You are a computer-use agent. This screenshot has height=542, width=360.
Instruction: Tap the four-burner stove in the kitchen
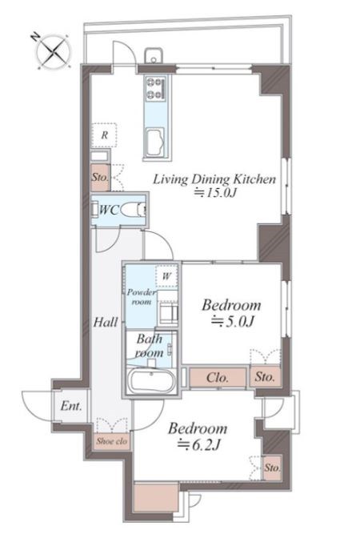pyautogui.click(x=155, y=89)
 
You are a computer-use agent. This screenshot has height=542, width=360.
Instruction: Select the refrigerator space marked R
pyautogui.click(x=104, y=135)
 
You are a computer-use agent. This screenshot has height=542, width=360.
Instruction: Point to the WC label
pyautogui.click(x=109, y=210)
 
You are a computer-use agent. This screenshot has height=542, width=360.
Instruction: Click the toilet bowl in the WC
pyautogui.click(x=130, y=211)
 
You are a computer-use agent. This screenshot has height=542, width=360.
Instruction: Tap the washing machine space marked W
pyautogui.click(x=166, y=276)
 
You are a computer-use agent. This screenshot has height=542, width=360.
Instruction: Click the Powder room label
pyautogui.click(x=142, y=297)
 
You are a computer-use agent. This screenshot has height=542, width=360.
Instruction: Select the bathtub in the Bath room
pyautogui.click(x=150, y=381)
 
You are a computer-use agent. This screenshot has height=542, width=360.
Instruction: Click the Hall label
pyautogui.click(x=106, y=323)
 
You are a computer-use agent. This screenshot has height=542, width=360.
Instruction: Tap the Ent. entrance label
pyautogui.click(x=71, y=406)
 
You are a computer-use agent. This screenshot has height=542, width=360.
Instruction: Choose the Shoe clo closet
pyautogui.click(x=111, y=441)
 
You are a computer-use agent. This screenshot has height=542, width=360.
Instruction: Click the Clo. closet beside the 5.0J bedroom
pyautogui.click(x=218, y=377)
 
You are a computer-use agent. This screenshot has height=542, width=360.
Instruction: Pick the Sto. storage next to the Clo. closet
pyautogui.click(x=265, y=376)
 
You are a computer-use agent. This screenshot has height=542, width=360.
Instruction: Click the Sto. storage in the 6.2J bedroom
pyautogui.click(x=272, y=468)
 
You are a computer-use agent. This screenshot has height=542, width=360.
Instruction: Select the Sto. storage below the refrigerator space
pyautogui.click(x=100, y=178)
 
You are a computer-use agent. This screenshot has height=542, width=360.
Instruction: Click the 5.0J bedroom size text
pyautogui.click(x=233, y=322)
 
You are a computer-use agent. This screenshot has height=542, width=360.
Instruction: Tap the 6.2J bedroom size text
pyautogui.click(x=198, y=445)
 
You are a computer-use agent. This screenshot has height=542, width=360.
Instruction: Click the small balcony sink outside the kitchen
pyautogui.click(x=154, y=56)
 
